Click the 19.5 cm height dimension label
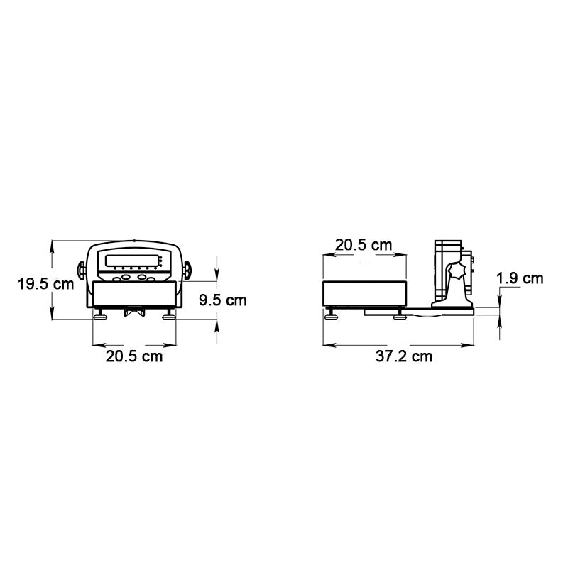46,284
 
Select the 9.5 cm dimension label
223,300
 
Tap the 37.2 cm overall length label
404,356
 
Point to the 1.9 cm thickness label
520,278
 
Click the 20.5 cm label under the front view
134,356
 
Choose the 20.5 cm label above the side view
364,245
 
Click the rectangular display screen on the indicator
132,261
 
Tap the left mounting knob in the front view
82,270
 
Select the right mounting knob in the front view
187,270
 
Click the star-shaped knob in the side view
456,271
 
